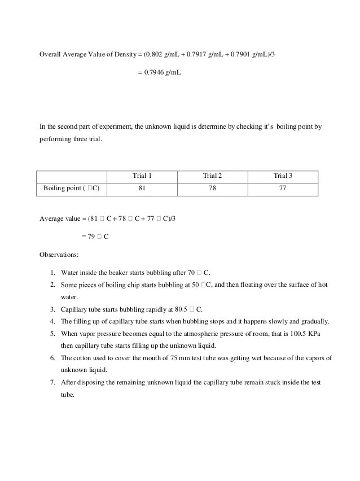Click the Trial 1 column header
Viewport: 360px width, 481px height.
(142, 176)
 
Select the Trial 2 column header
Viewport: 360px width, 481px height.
(212, 176)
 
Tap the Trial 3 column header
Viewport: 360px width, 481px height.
(283, 176)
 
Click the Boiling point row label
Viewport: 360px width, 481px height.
(72, 188)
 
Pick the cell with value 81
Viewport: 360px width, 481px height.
(142, 188)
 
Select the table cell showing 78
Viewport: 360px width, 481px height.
(212, 188)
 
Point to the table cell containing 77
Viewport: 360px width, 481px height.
(283, 188)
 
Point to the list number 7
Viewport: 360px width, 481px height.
(52, 382)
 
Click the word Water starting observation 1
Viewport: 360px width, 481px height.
(70, 272)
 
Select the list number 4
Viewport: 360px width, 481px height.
(52, 322)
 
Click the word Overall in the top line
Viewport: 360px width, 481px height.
(50, 54)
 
